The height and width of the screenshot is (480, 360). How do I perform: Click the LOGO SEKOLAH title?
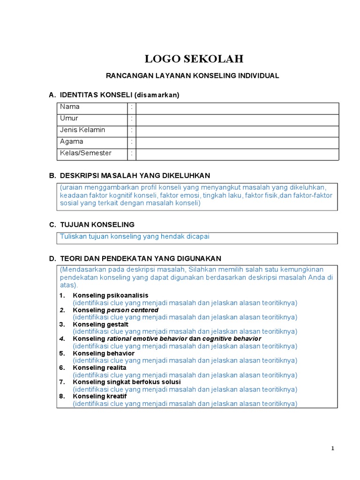click(x=194, y=59)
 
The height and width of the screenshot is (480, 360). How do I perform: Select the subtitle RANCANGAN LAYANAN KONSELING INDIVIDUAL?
click(x=193, y=75)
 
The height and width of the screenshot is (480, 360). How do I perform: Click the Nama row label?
click(x=70, y=107)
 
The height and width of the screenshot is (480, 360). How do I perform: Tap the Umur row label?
click(x=69, y=118)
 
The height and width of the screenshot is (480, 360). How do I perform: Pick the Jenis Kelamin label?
click(x=82, y=130)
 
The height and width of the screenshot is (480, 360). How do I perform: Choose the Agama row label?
click(x=72, y=141)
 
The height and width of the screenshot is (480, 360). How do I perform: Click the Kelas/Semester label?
click(x=86, y=153)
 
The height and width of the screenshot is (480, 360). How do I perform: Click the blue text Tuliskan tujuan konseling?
click(x=135, y=237)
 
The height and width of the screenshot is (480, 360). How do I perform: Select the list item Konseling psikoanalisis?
click(x=110, y=295)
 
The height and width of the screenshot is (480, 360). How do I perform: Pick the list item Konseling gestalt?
click(x=100, y=324)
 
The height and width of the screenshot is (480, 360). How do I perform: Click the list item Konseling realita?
click(x=99, y=368)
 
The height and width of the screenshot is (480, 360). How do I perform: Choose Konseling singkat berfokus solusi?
click(x=127, y=382)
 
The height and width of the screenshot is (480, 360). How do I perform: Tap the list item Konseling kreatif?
click(x=100, y=397)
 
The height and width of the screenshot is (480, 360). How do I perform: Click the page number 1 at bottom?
click(x=333, y=449)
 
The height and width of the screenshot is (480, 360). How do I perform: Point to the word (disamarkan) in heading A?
click(x=157, y=95)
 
